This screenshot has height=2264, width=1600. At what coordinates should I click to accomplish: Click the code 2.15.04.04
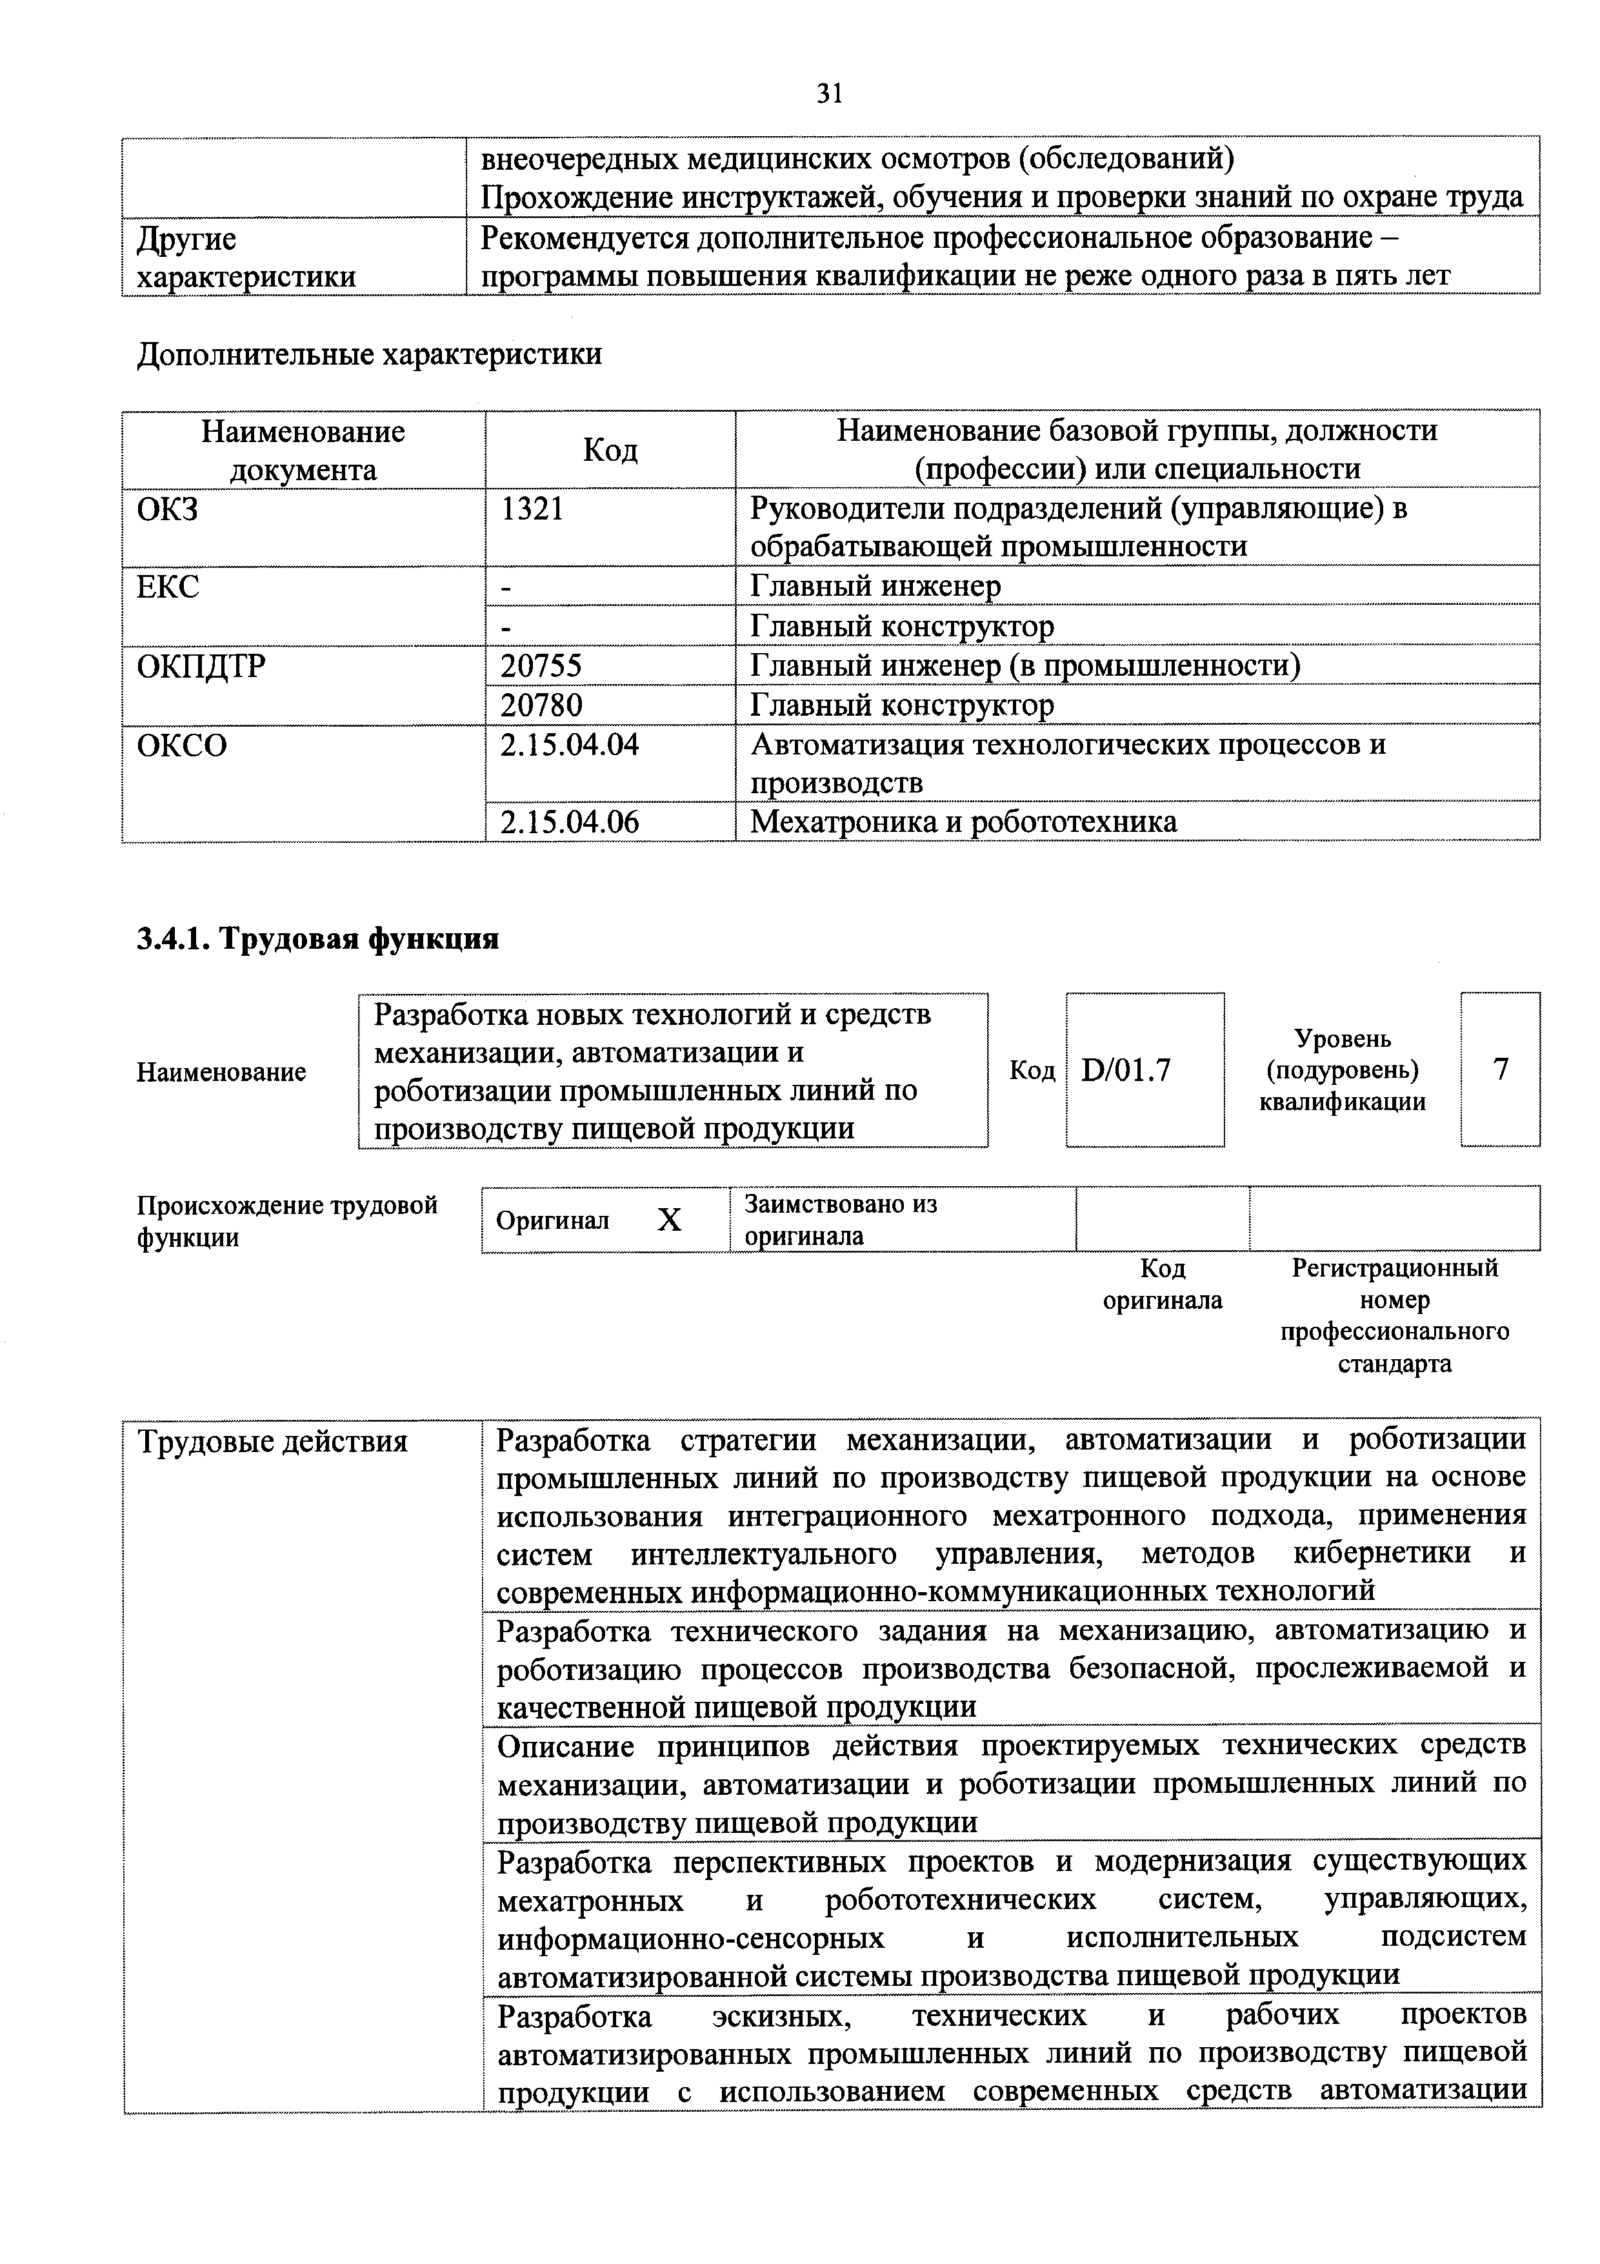pyautogui.click(x=569, y=745)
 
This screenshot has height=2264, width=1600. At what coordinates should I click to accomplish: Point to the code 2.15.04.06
pyautogui.click(x=569, y=822)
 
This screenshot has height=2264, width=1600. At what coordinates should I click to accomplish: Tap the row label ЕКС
pyautogui.click(x=168, y=587)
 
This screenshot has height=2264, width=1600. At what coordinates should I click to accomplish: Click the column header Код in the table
pyautogui.click(x=610, y=450)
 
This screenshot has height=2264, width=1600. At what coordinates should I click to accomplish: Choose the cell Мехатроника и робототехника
pyautogui.click(x=963, y=822)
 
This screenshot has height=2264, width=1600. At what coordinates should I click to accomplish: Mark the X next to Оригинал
pyautogui.click(x=670, y=1221)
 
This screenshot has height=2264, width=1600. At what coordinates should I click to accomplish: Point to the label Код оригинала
pyautogui.click(x=1163, y=1284)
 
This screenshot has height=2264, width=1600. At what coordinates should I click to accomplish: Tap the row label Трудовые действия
pyautogui.click(x=272, y=1442)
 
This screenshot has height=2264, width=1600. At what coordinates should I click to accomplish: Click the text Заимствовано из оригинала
pyautogui.click(x=840, y=1220)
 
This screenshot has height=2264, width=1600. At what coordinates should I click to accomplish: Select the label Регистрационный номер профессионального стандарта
pyautogui.click(x=1394, y=1315)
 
